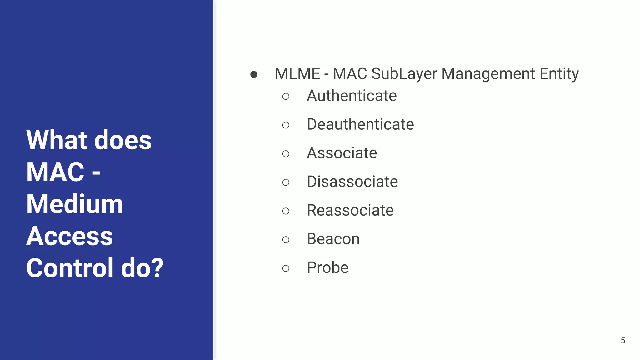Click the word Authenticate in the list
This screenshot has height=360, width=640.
(352, 96)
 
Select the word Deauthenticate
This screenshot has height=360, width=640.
(360, 124)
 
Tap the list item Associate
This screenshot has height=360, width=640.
(342, 153)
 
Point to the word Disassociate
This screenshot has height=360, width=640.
(352, 182)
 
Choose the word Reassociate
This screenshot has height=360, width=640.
(350, 210)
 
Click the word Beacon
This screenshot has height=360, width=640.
(333, 239)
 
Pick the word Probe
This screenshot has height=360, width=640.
(327, 268)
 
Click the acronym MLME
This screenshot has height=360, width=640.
(297, 74)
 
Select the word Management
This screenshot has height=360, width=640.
(488, 74)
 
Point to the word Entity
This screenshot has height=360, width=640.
(559, 74)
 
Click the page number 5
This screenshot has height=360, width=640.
(623, 340)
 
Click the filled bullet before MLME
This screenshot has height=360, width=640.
(254, 74)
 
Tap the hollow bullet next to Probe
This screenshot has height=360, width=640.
(286, 268)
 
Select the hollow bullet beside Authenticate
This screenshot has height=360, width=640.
(286, 96)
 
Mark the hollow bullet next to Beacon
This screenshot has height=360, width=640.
(286, 240)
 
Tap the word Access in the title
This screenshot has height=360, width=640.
(69, 236)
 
